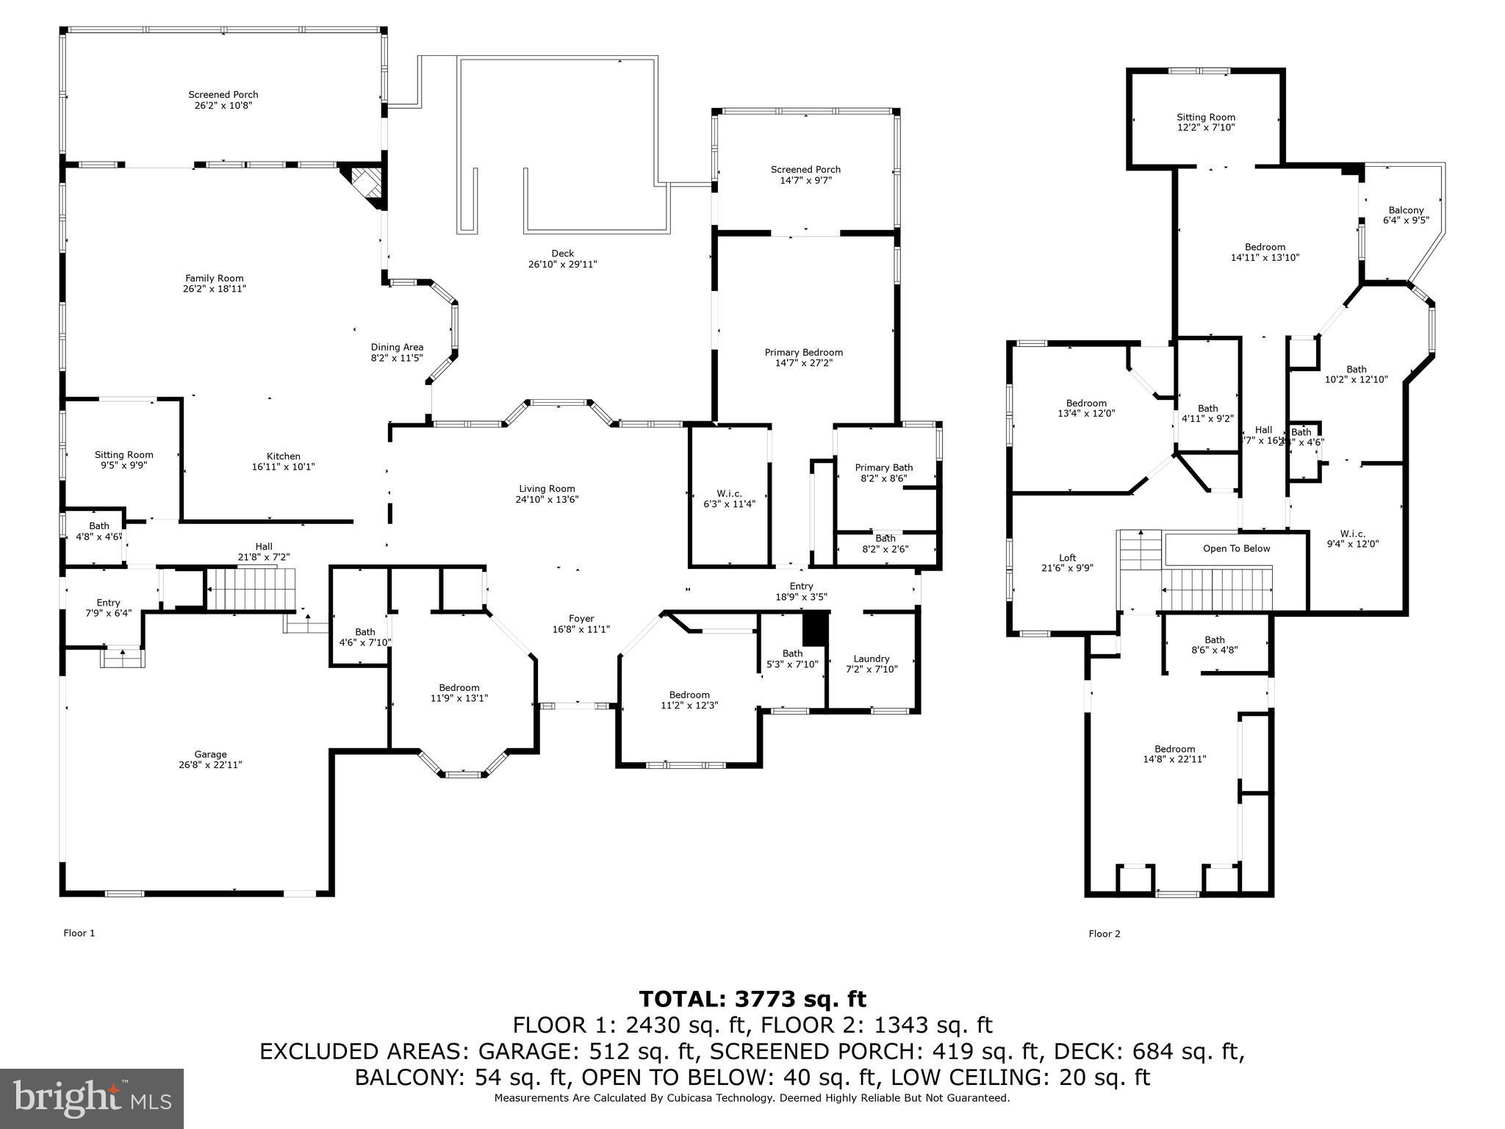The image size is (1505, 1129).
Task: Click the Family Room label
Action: point(214,278)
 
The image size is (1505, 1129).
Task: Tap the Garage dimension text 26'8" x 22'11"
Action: point(211,764)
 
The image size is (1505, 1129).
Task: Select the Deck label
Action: point(562,254)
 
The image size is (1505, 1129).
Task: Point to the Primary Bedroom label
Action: point(803,352)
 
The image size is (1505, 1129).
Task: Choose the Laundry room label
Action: point(872,659)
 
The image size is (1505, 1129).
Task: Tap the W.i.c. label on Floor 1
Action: point(729,493)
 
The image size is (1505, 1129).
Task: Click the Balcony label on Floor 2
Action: point(1406,210)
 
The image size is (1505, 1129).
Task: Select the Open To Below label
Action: point(1236,548)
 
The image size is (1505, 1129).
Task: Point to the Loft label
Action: point(1067,558)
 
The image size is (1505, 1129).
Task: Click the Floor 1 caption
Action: point(79,933)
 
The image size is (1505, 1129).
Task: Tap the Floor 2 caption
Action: point(1104,933)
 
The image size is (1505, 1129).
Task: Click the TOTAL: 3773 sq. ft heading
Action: point(752,999)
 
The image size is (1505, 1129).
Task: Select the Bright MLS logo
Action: point(92,1098)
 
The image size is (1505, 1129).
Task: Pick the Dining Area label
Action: point(397,347)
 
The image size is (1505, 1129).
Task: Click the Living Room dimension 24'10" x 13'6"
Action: point(546,499)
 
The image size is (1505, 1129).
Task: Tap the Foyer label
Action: point(581,618)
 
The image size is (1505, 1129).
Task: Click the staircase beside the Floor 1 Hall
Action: point(250,589)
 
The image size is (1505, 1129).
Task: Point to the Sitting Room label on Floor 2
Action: point(1205,117)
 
